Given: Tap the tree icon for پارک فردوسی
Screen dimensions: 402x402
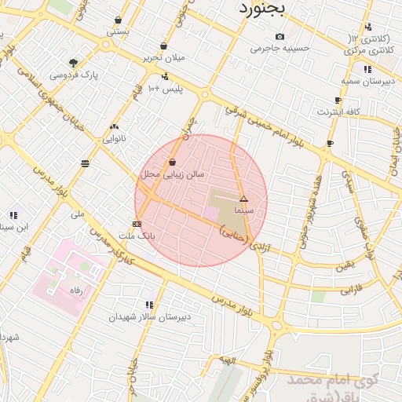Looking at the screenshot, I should tap(74, 62).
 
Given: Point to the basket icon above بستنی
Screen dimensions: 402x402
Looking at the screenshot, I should tap(118, 20).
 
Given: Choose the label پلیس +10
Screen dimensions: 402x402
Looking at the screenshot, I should tap(166, 89).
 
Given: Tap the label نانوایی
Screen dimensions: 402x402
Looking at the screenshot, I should tap(114, 138).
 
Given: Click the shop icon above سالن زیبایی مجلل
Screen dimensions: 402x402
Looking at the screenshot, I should tap(172, 162).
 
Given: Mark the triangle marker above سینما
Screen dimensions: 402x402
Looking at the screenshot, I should tap(243, 199).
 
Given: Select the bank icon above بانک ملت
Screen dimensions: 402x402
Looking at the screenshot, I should tap(137, 224).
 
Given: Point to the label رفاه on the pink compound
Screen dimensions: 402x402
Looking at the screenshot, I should tap(76, 290).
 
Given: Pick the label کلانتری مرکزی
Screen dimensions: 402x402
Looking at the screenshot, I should tap(369, 50).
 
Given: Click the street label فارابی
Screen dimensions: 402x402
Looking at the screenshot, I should tap(347, 291).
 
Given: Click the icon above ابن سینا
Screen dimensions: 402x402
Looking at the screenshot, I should tap(13, 215).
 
